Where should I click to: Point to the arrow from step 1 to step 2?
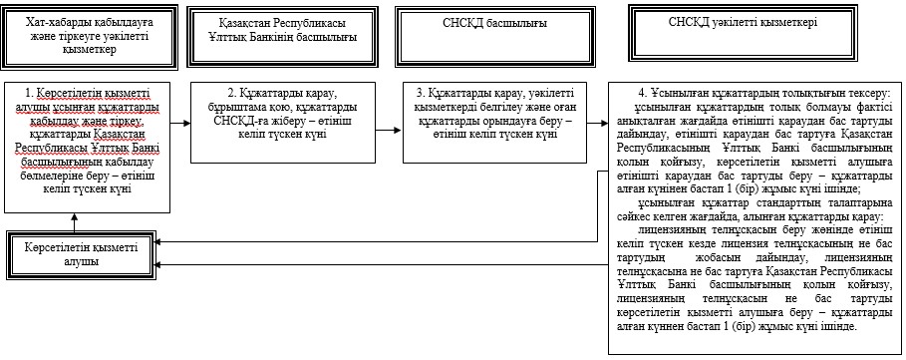click(180, 123)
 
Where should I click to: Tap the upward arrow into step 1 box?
click(74, 221)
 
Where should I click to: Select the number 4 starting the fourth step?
click(641, 94)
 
